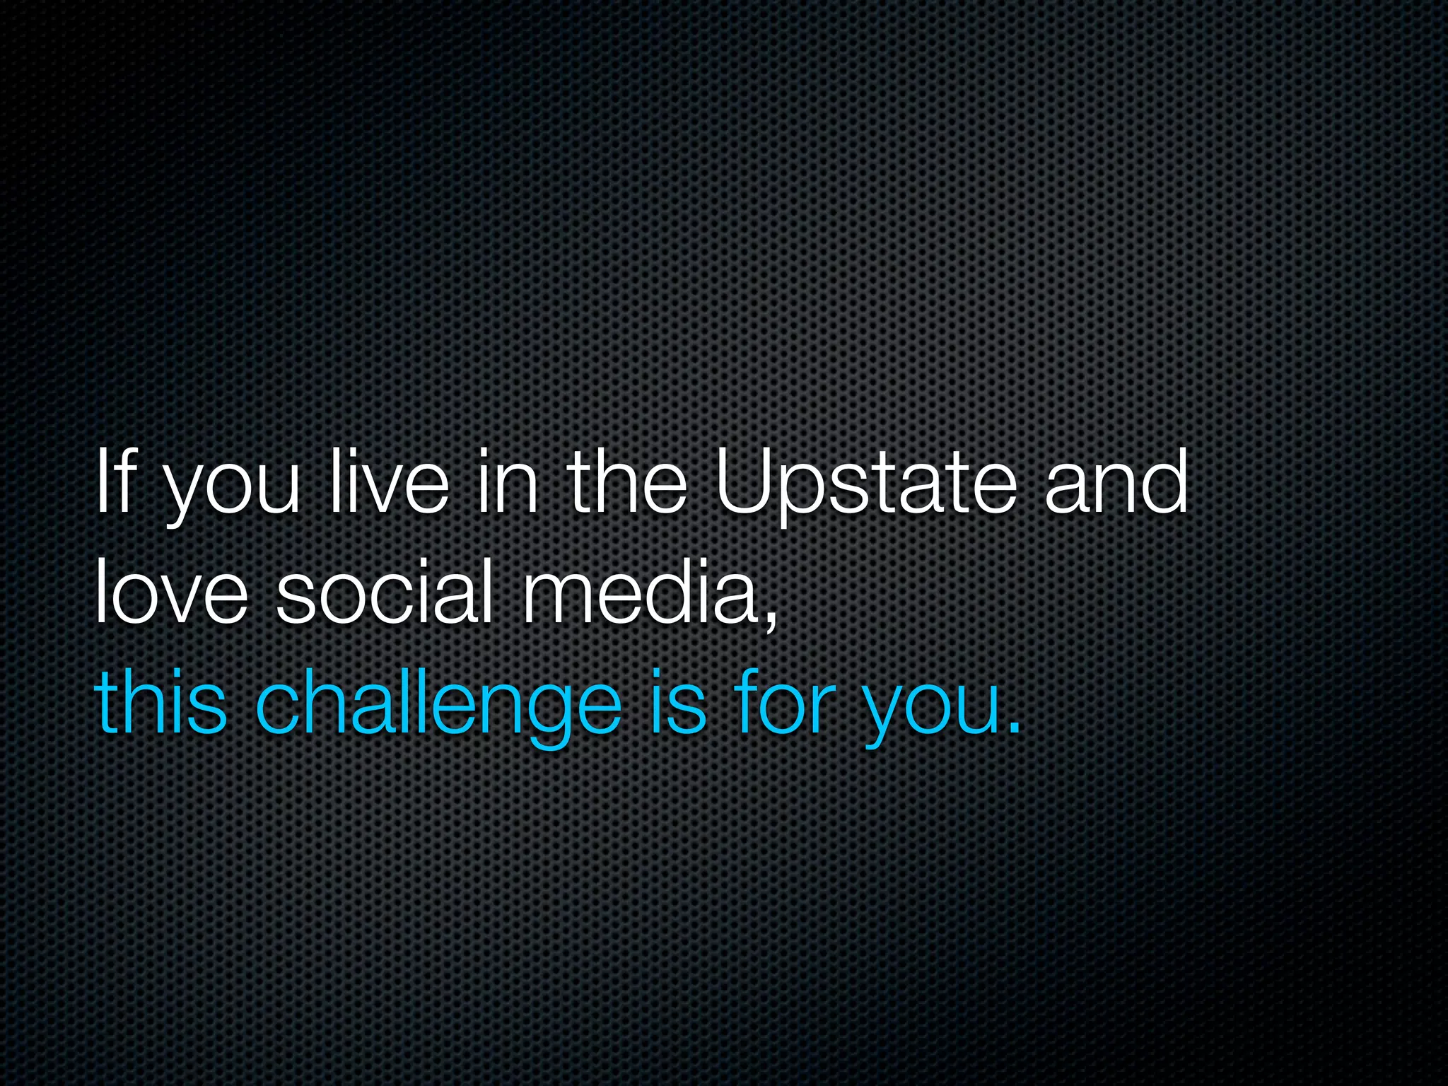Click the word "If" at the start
click(x=114, y=483)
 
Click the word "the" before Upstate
click(x=627, y=483)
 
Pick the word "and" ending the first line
click(x=1116, y=483)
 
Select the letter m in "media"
click(x=559, y=597)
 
